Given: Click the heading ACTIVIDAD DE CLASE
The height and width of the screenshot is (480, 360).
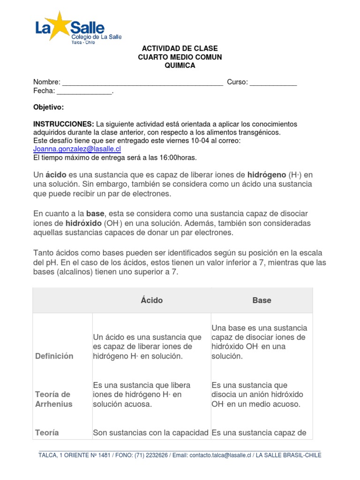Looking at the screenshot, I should point(180,49).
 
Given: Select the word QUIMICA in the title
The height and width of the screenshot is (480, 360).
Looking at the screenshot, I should point(180,66).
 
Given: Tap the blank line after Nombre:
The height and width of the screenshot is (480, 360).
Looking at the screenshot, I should point(142,83).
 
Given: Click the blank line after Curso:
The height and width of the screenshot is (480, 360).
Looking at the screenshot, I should point(273,83).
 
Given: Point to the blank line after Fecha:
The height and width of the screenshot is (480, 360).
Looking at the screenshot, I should point(84,91).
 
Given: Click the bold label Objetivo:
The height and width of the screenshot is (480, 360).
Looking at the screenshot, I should point(48,107).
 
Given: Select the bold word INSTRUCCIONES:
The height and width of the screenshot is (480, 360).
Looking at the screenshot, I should point(63,124).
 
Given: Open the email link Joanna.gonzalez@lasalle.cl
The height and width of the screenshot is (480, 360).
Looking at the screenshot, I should point(77,149).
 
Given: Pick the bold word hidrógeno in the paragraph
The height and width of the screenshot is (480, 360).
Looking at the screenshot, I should point(267,175).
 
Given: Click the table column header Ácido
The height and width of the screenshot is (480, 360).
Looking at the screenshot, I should point(152,300).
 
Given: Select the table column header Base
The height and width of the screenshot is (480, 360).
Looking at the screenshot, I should point(262,300).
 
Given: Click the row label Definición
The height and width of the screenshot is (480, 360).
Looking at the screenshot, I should point(54,356).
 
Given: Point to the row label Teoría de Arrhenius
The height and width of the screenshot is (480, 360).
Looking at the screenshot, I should point(54,399).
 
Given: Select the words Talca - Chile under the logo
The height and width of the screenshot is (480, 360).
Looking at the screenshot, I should point(83,42).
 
